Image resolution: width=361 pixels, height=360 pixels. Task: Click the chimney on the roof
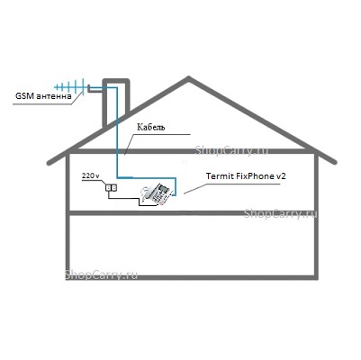[x=116, y=102]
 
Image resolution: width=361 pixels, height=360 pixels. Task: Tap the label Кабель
[x=151, y=127]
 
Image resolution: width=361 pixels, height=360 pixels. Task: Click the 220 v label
[x=91, y=176]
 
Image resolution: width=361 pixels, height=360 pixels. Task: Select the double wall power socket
[x=111, y=188]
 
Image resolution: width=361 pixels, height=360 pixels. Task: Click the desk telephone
[x=157, y=194]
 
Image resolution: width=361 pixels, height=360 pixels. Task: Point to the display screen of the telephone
[x=164, y=189]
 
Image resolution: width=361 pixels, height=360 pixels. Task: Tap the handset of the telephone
[x=147, y=193]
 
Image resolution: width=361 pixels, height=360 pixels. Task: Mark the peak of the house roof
[x=188, y=78]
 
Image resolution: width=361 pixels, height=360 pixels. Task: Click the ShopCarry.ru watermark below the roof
[x=232, y=150]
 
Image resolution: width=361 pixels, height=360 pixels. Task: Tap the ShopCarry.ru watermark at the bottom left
[x=101, y=274]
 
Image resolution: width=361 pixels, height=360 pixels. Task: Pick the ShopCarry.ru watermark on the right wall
[x=280, y=213]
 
